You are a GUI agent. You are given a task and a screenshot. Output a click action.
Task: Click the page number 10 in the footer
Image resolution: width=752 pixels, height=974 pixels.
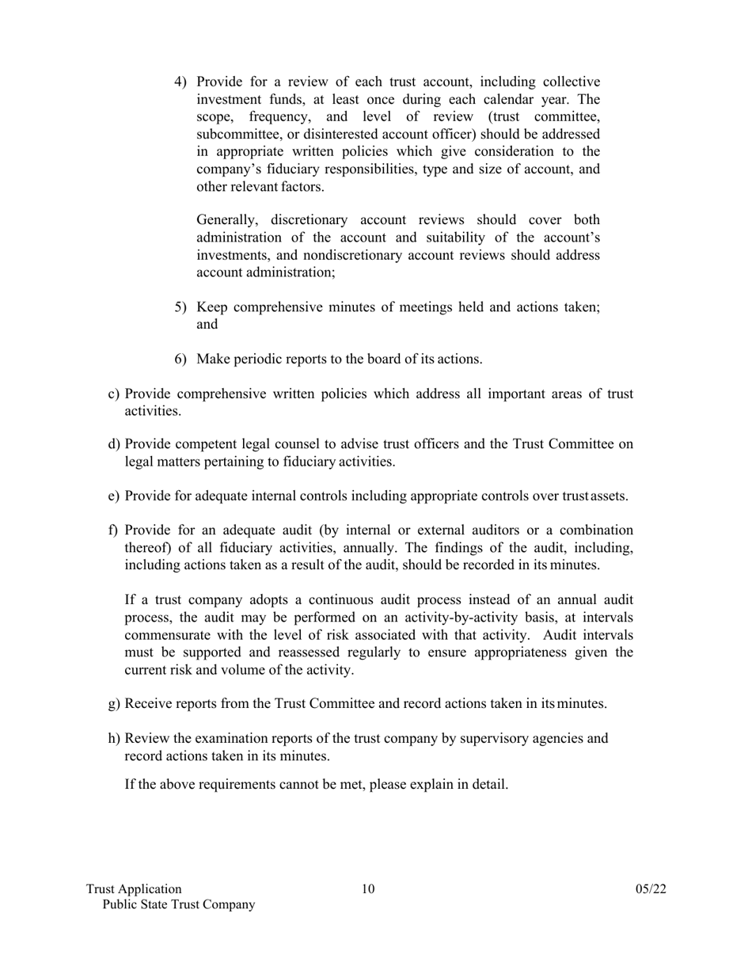(369, 889)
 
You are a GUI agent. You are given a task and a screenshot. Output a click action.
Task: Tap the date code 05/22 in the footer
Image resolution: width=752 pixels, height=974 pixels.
(651, 889)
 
